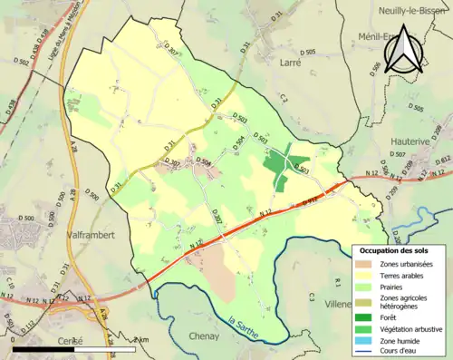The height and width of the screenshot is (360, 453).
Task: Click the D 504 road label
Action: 239,142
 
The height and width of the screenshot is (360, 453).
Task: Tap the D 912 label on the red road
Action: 311,199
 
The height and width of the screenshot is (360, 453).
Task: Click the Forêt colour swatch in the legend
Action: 365,316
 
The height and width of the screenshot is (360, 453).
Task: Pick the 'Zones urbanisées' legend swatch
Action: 365,263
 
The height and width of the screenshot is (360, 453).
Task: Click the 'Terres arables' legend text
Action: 406,275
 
